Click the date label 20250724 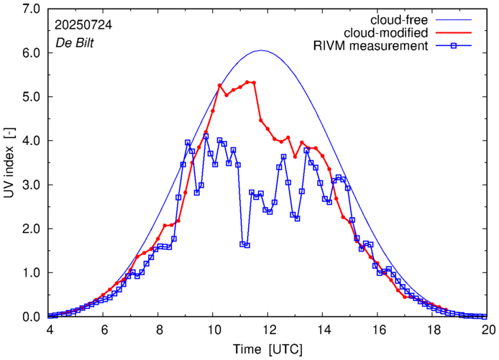[83, 24]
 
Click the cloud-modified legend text [387, 33]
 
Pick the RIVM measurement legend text [371, 47]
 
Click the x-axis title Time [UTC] [268, 349]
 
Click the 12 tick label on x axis [268, 329]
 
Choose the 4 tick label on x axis [50, 329]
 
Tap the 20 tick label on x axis [487, 329]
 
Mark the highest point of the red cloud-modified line [247, 82]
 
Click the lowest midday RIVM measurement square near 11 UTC [247, 246]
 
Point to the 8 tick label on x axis [159, 329]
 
